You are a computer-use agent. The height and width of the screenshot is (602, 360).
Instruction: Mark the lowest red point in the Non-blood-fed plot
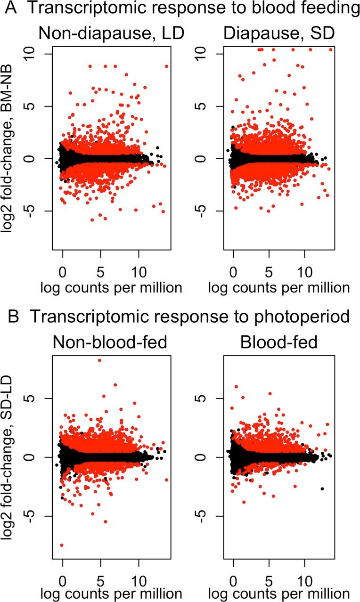(x=62, y=545)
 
